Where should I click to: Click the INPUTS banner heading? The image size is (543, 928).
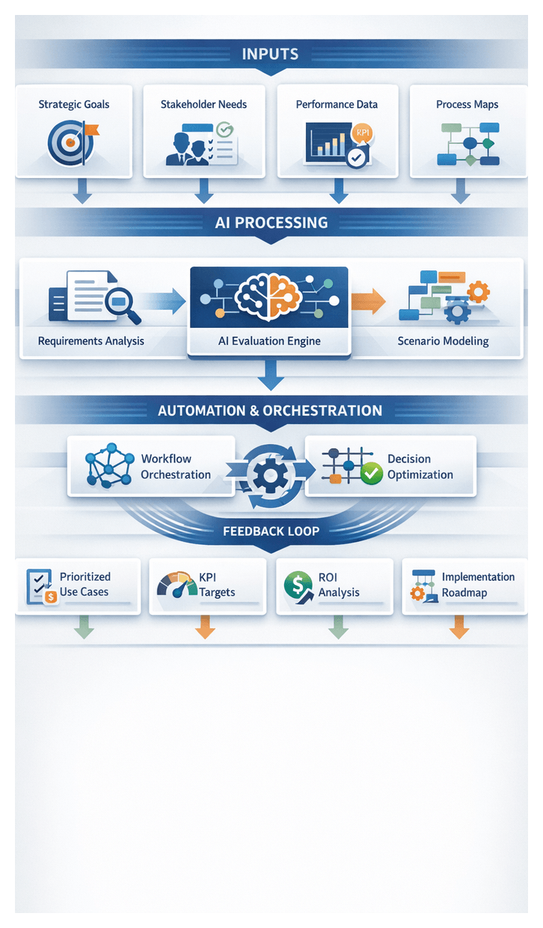click(x=270, y=54)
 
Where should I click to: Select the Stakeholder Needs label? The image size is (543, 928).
click(x=203, y=104)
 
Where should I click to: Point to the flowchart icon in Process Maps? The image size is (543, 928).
click(x=468, y=142)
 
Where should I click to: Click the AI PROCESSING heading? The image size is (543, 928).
click(x=271, y=222)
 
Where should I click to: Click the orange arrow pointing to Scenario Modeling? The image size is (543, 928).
click(x=369, y=301)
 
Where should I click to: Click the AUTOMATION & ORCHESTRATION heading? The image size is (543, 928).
click(x=270, y=411)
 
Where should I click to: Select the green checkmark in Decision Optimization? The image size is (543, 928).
click(x=371, y=473)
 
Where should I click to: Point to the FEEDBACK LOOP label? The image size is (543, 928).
click(x=271, y=531)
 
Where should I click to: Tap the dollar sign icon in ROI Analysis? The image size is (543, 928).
click(x=298, y=583)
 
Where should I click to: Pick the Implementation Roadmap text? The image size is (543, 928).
click(x=478, y=584)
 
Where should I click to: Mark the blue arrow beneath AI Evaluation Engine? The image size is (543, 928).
click(x=271, y=376)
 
